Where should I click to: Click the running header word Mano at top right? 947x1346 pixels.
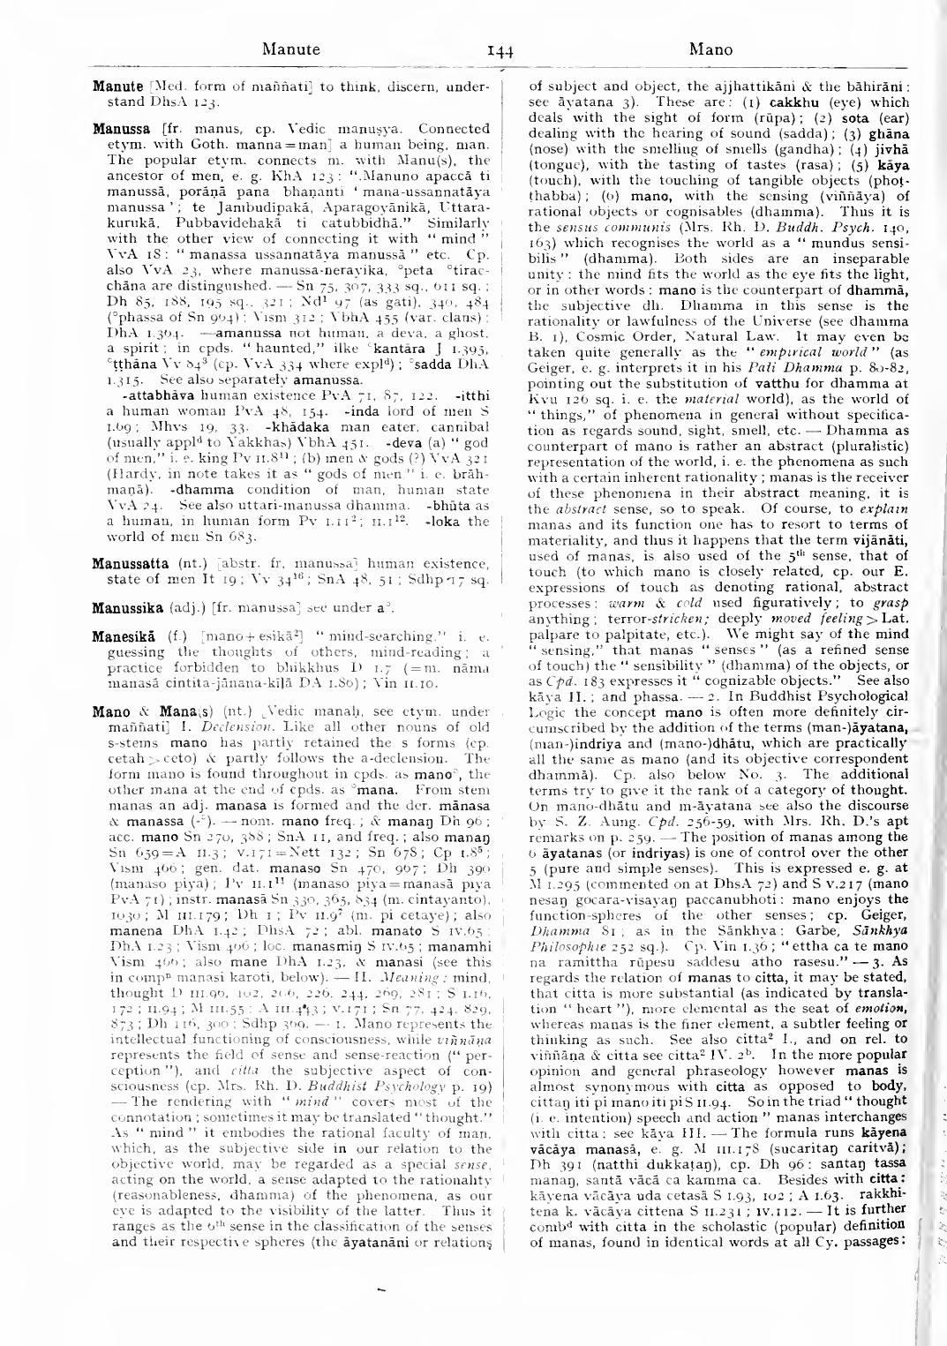pyautogui.click(x=710, y=49)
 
